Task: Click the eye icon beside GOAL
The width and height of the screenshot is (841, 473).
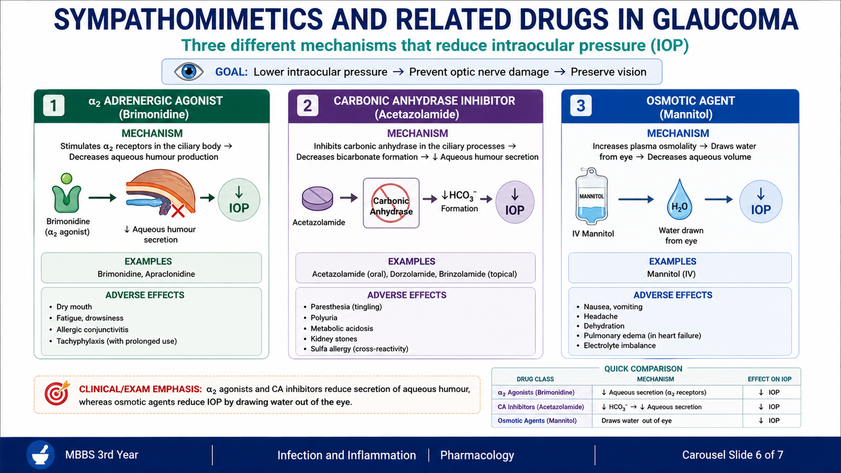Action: point(189,71)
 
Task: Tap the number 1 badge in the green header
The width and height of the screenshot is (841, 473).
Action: point(54,106)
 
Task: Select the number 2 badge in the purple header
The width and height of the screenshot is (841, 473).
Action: point(307,106)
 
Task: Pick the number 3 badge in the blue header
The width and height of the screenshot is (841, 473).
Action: point(580,106)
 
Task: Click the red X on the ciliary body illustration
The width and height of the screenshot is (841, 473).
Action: point(178,211)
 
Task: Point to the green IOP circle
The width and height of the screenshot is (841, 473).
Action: point(239,200)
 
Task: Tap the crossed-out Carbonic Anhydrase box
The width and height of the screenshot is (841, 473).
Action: point(391,203)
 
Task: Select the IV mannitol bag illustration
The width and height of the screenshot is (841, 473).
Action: point(592,197)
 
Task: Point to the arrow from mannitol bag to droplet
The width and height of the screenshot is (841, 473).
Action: point(636,199)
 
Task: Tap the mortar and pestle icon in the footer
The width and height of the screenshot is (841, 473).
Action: point(40,455)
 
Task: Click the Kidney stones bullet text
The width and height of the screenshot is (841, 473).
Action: point(334,338)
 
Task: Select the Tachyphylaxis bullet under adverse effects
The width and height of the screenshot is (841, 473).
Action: point(116,341)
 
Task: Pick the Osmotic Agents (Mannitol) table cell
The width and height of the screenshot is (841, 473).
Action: point(537,420)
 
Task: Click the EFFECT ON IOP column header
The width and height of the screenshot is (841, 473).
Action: point(770,379)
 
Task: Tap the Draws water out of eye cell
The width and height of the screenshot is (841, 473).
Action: point(637,420)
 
